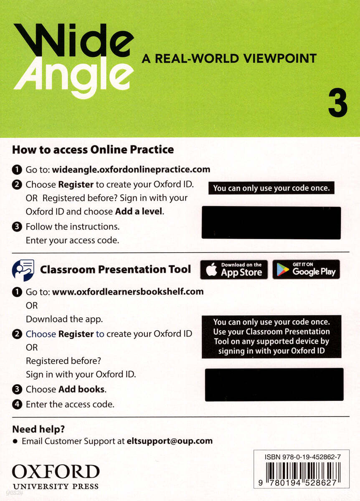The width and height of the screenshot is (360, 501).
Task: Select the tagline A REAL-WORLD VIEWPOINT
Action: click(x=229, y=58)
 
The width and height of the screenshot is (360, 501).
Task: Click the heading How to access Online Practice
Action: click(x=93, y=149)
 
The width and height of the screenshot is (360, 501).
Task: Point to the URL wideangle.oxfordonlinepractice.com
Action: click(x=131, y=170)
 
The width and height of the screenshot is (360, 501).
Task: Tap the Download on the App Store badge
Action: click(x=234, y=270)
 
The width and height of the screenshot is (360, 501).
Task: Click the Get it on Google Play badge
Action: click(x=306, y=270)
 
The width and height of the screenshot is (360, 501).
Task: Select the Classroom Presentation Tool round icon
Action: click(x=23, y=269)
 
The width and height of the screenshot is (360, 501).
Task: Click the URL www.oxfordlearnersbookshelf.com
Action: click(x=128, y=291)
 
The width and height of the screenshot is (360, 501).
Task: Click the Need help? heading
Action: click(x=38, y=429)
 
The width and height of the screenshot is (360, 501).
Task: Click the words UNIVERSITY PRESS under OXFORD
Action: click(x=56, y=486)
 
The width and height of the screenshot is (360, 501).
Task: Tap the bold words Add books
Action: click(x=82, y=389)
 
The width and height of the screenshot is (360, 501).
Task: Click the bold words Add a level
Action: click(x=139, y=211)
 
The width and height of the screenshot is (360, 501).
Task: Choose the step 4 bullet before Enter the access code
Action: click(x=17, y=404)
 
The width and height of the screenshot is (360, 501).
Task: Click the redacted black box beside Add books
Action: click(x=274, y=384)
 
